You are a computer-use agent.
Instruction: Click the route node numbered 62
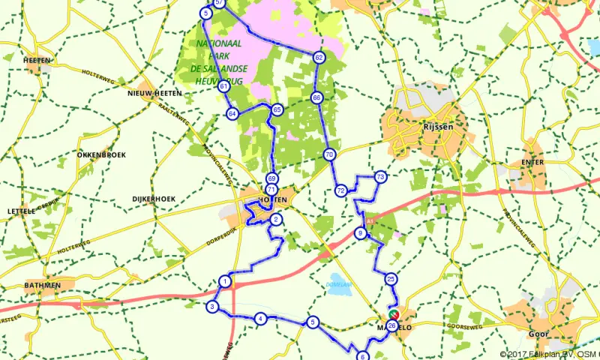point(319,57)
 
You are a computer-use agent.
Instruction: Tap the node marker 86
point(317,97)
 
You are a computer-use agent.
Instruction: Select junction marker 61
point(223,86)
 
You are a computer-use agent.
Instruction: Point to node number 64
point(232,113)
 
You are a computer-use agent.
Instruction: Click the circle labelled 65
point(277,109)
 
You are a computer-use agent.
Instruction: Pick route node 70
point(330,154)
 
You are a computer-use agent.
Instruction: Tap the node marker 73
point(381,177)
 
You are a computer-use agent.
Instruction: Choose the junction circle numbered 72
point(340,190)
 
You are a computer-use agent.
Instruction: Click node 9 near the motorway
point(361,234)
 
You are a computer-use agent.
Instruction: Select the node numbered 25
point(391,279)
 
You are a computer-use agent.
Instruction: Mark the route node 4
point(260,319)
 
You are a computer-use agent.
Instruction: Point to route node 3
point(213,307)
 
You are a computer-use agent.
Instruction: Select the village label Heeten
point(37,60)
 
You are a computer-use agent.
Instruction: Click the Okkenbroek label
point(100,154)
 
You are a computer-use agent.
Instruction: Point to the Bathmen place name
point(42,285)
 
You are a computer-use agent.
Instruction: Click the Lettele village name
point(21,211)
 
